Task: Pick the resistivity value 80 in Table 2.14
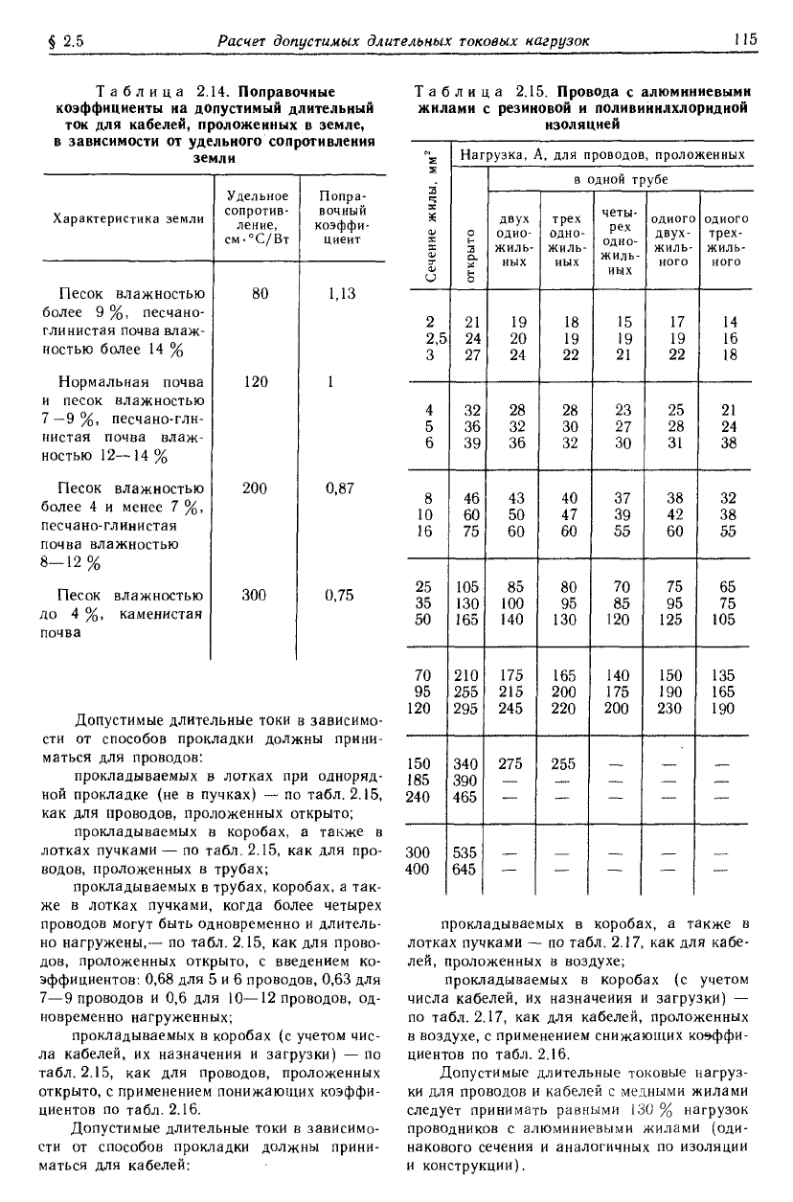pyautogui.click(x=260, y=295)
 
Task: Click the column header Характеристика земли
pyautogui.click(x=128, y=218)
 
